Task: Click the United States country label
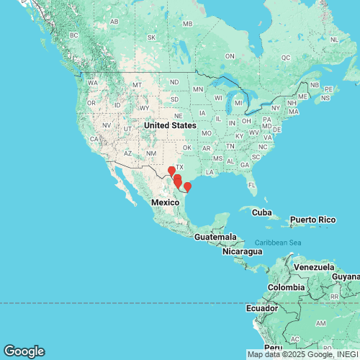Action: pos(169,125)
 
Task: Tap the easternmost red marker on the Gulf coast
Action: pos(187,187)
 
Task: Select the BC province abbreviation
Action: pos(73,35)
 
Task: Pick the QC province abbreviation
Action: pos(285,57)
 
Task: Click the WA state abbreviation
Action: pos(93,83)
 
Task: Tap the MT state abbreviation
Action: pos(135,86)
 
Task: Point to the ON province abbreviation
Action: pos(230,55)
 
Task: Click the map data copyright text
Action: pos(302,354)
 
